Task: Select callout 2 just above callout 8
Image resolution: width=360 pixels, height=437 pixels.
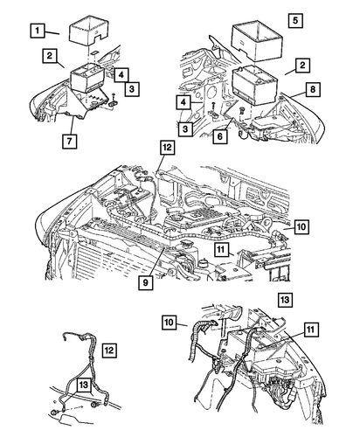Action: pos(301,66)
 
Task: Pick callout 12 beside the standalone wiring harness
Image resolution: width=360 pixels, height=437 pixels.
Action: pos(110,350)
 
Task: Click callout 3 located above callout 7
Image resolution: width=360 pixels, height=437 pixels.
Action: pos(129,90)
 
